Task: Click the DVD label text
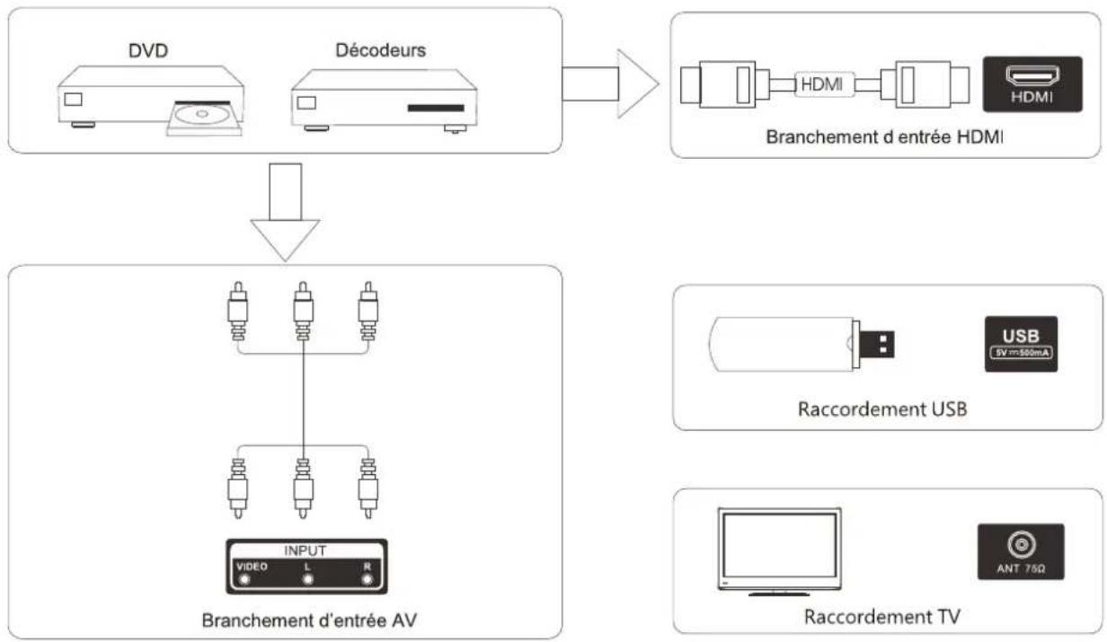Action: point(147,50)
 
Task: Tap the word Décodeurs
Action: point(381,50)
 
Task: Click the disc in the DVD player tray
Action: point(201,114)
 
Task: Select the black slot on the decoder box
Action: point(436,108)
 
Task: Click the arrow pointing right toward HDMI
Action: point(610,84)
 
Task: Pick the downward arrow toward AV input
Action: point(285,212)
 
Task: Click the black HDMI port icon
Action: point(1032,84)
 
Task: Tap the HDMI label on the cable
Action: point(821,84)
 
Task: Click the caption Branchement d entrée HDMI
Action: point(884,136)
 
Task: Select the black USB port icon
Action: point(1021,344)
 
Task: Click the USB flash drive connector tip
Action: point(877,344)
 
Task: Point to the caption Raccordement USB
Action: point(882,409)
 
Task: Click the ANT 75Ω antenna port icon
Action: point(1021,551)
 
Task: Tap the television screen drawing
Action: point(779,548)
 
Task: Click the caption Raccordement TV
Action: point(882,616)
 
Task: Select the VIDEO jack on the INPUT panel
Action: point(244,580)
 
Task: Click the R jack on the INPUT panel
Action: point(367,580)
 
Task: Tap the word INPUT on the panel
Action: point(305,550)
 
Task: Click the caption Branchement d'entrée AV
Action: point(309,620)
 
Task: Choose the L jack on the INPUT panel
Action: point(307,580)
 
